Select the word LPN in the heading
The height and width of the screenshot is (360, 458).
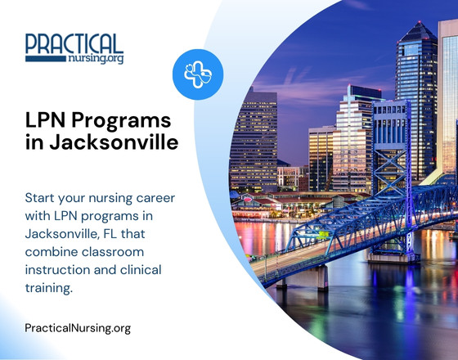tap(47, 120)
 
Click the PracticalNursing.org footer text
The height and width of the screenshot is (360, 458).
tap(78, 328)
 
